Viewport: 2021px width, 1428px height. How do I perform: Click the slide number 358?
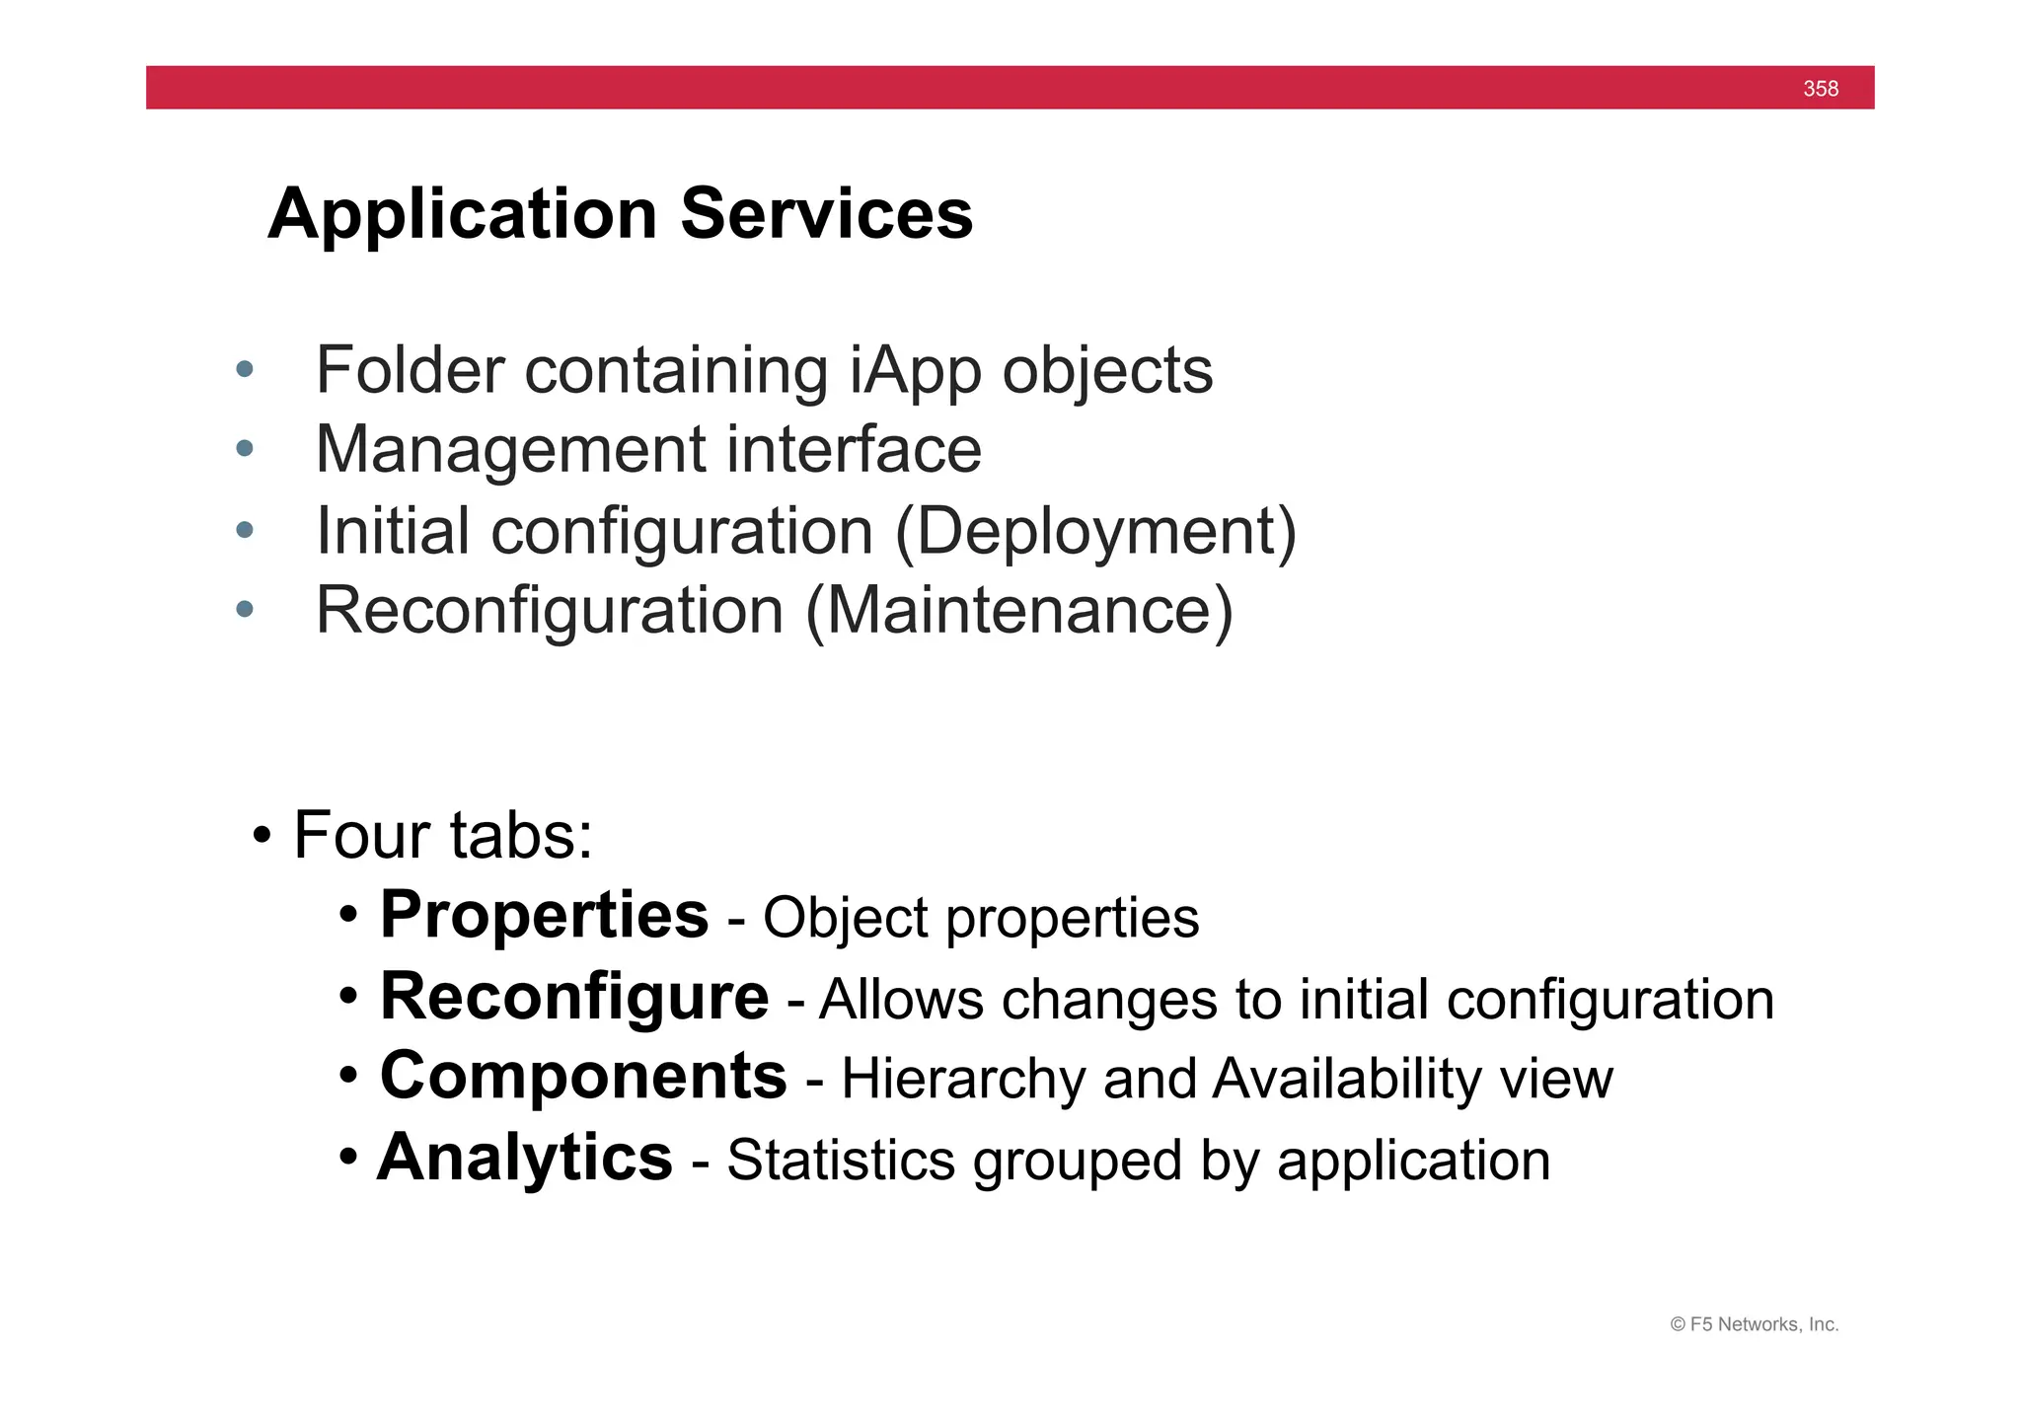[1820, 89]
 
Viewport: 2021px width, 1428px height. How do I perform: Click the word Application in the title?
[462, 214]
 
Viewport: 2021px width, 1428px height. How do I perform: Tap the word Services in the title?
[826, 214]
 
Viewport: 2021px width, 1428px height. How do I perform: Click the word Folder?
[410, 372]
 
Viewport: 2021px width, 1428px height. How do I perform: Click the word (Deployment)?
[1095, 532]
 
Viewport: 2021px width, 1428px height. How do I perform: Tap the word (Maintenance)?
[1019, 611]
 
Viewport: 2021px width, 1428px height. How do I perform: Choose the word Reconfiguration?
[550, 611]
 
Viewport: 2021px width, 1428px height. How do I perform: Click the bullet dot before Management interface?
[245, 450]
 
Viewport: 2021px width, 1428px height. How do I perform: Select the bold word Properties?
[544, 915]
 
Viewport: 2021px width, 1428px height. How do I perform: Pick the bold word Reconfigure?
[573, 997]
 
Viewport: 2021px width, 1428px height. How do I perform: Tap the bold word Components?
[583, 1076]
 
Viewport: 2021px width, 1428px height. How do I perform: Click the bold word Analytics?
[525, 1158]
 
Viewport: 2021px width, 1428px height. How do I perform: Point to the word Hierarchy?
[962, 1079]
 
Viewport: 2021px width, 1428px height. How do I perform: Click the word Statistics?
[841, 1161]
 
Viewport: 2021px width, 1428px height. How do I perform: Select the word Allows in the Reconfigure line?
[901, 999]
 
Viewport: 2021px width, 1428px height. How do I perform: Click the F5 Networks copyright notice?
[1754, 1324]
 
